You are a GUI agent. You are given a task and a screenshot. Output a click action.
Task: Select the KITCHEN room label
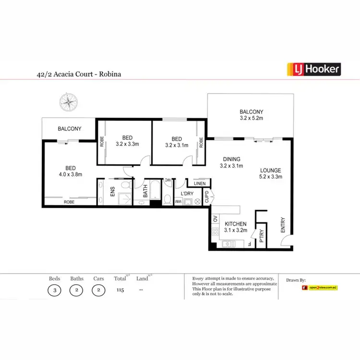(x=235, y=224)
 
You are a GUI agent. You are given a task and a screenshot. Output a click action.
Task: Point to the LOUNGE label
(x=270, y=170)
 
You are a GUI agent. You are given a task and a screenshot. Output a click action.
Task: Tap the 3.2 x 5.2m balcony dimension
(x=252, y=118)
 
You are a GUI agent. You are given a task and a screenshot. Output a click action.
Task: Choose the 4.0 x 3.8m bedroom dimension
(x=71, y=174)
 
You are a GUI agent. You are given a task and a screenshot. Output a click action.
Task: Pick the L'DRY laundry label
(x=186, y=193)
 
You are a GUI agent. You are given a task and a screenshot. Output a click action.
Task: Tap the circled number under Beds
(x=55, y=290)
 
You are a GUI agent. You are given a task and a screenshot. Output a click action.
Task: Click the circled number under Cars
(x=98, y=290)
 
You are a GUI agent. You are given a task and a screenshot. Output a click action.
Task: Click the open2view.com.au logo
(x=320, y=288)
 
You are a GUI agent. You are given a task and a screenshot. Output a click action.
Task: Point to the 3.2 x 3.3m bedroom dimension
(x=127, y=143)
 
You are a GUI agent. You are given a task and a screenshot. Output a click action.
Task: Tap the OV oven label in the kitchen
(x=215, y=220)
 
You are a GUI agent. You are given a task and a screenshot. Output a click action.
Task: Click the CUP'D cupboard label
(x=206, y=197)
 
